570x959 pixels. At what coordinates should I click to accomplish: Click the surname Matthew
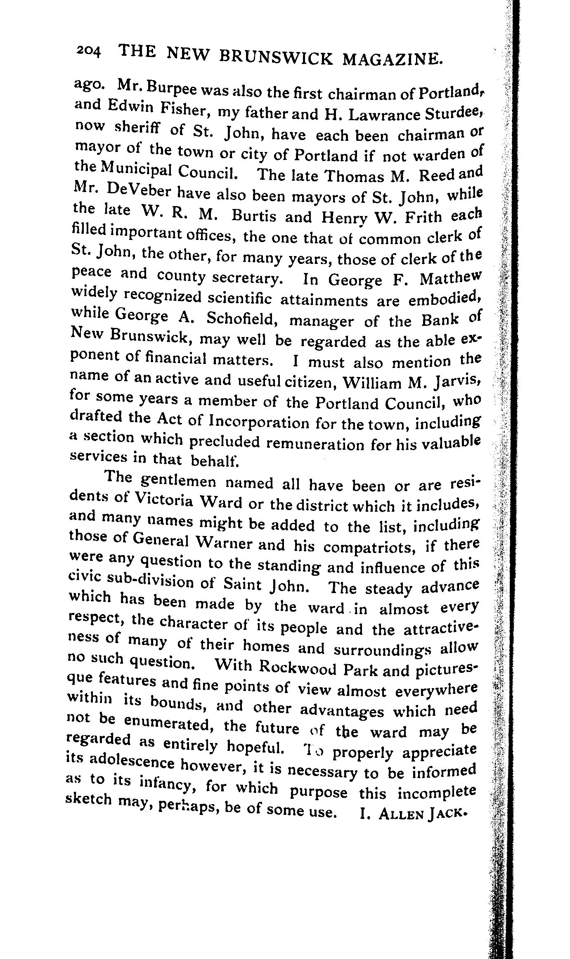[x=449, y=279]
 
